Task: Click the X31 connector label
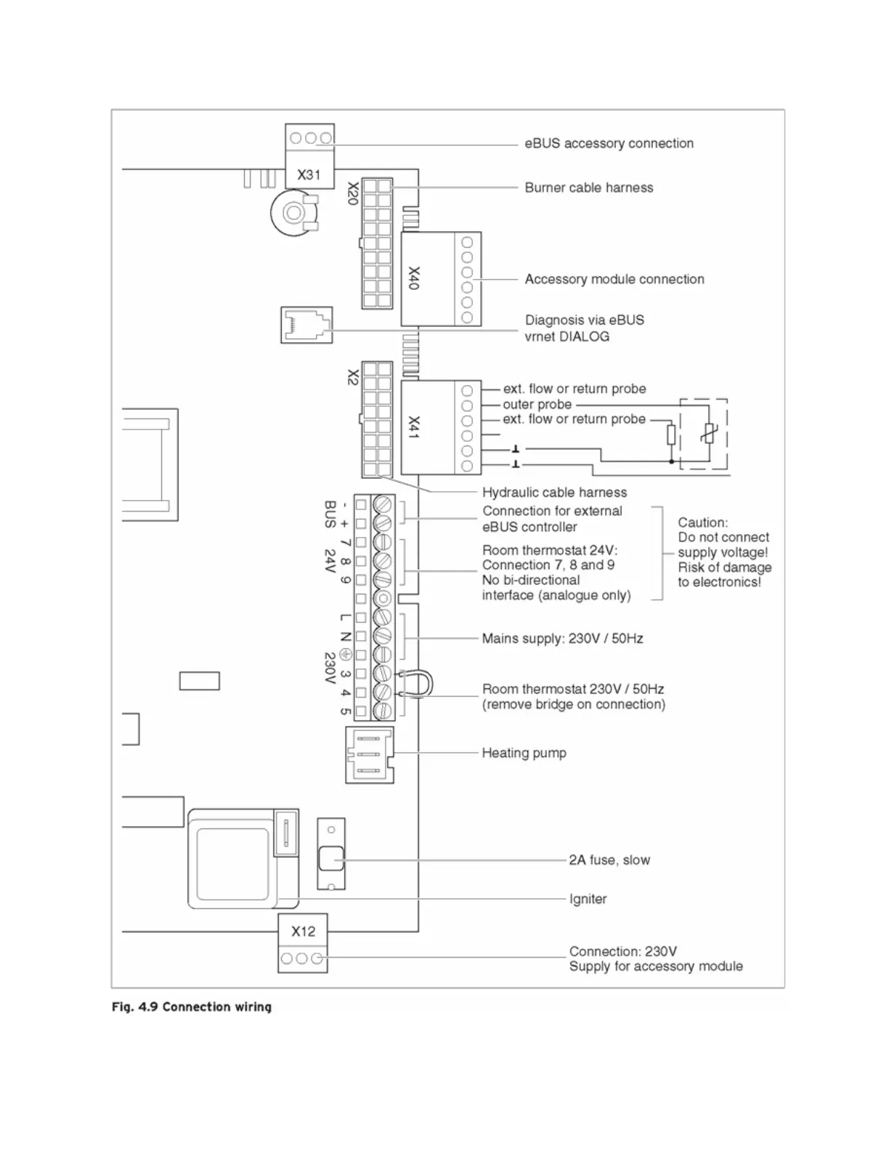(x=309, y=175)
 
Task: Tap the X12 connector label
(x=303, y=931)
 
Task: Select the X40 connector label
(x=414, y=278)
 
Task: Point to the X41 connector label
(x=414, y=427)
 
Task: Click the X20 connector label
(x=353, y=193)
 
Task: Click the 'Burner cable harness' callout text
(x=588, y=187)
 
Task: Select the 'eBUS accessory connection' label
(x=609, y=143)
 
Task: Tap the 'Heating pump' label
(x=524, y=753)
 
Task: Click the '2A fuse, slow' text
(x=609, y=860)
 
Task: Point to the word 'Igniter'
(x=588, y=899)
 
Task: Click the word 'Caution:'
(x=702, y=522)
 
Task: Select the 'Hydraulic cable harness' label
(x=554, y=492)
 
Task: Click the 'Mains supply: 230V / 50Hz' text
(x=562, y=639)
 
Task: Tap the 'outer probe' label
(x=537, y=405)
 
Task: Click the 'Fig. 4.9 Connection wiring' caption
(x=192, y=1007)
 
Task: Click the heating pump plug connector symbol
(x=369, y=754)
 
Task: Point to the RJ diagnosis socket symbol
(x=306, y=325)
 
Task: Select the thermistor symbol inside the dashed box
(x=707, y=433)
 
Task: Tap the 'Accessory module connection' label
(x=614, y=279)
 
